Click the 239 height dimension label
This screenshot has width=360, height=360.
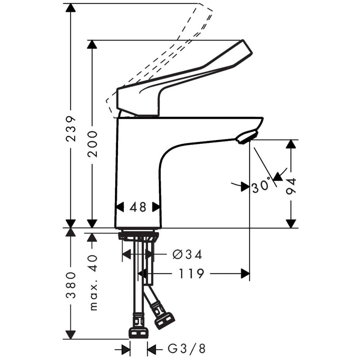pyautogui.click(x=71, y=129)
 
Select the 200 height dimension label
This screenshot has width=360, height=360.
pyautogui.click(x=92, y=144)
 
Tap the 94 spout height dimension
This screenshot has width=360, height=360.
pyautogui.click(x=291, y=186)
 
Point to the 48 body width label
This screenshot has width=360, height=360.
pyautogui.click(x=138, y=207)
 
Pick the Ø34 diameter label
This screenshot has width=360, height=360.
pyautogui.click(x=187, y=255)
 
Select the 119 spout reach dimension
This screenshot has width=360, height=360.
pyautogui.click(x=191, y=274)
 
